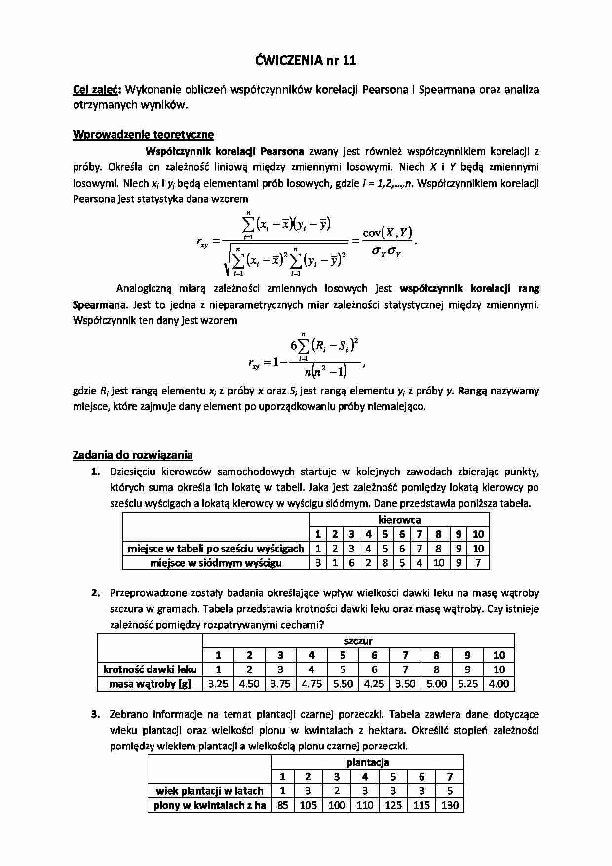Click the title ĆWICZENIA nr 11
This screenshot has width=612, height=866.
click(x=306, y=60)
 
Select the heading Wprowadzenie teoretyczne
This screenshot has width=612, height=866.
click(x=143, y=134)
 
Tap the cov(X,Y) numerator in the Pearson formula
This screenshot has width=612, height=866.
click(x=387, y=233)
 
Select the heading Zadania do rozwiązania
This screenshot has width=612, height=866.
click(x=133, y=455)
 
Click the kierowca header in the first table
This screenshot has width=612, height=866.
click(x=399, y=520)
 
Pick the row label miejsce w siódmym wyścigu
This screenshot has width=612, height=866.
click(x=216, y=563)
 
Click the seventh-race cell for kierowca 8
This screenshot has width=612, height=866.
click(x=438, y=563)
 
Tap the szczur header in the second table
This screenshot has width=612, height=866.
click(x=358, y=641)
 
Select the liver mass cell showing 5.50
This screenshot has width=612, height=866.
click(x=343, y=684)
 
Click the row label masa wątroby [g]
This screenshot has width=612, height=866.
click(x=150, y=684)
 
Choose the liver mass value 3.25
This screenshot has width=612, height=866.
click(x=218, y=684)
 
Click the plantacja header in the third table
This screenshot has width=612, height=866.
click(x=368, y=762)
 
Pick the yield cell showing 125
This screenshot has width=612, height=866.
click(x=393, y=805)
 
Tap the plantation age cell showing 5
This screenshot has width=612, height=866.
click(x=450, y=791)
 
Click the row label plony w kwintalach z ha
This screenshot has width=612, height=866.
click(x=209, y=805)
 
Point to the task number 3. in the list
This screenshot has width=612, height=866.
click(x=96, y=714)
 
